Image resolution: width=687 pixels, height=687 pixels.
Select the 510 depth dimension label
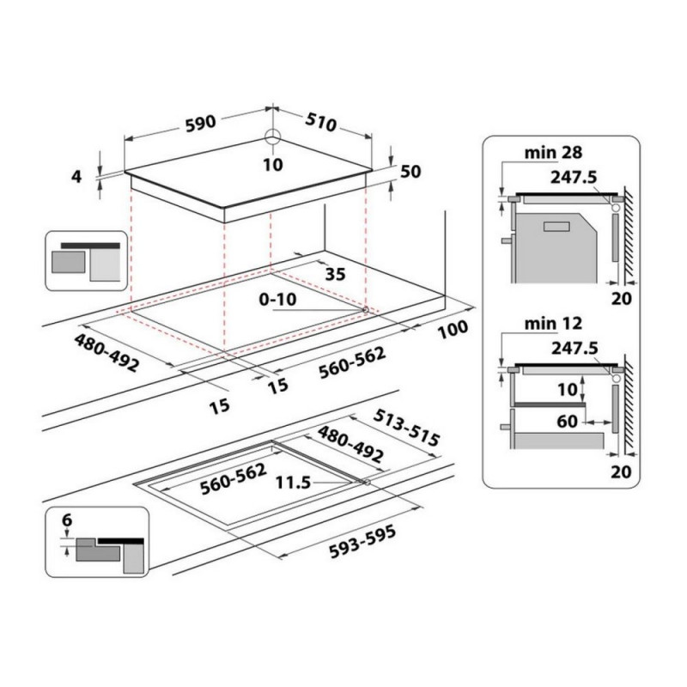[x=321, y=123]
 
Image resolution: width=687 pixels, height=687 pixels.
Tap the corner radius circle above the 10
[x=272, y=137]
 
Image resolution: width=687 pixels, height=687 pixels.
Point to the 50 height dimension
[x=410, y=171]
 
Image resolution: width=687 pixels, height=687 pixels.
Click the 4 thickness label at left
[x=76, y=177]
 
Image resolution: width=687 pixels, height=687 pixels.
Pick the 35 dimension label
[x=336, y=274]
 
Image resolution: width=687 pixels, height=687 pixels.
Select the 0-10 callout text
[x=277, y=299]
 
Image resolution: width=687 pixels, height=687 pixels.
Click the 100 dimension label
[x=453, y=329]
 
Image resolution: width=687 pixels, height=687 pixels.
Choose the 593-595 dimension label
[x=362, y=542]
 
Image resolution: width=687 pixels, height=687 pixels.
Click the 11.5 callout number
[x=293, y=483]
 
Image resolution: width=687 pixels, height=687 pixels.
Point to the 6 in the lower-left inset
[x=67, y=520]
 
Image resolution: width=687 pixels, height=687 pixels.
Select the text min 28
[x=553, y=153]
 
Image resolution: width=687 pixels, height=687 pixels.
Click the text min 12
[x=553, y=324]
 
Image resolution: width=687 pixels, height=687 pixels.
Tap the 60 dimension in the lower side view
[x=568, y=422]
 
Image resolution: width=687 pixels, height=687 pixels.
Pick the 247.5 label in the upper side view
[x=574, y=177]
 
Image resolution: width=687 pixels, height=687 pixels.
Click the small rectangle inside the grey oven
[x=556, y=227]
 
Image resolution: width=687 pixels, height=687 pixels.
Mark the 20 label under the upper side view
[x=621, y=299]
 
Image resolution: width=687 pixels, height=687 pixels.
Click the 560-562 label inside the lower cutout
[x=233, y=479]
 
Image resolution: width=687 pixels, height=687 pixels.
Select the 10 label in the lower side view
[x=568, y=389]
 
